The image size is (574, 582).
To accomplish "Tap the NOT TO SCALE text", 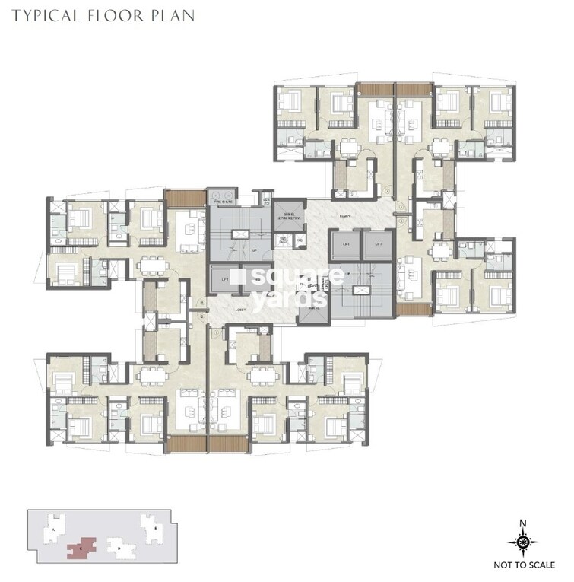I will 523,566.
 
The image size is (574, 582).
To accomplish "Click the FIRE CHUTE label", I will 223,202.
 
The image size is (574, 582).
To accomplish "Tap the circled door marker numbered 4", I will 387,191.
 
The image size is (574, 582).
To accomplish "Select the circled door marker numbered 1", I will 217,332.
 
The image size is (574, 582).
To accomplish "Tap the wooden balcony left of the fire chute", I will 179,198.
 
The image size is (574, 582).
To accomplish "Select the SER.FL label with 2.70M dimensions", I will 289,216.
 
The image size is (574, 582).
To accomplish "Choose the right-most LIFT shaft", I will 373,244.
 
